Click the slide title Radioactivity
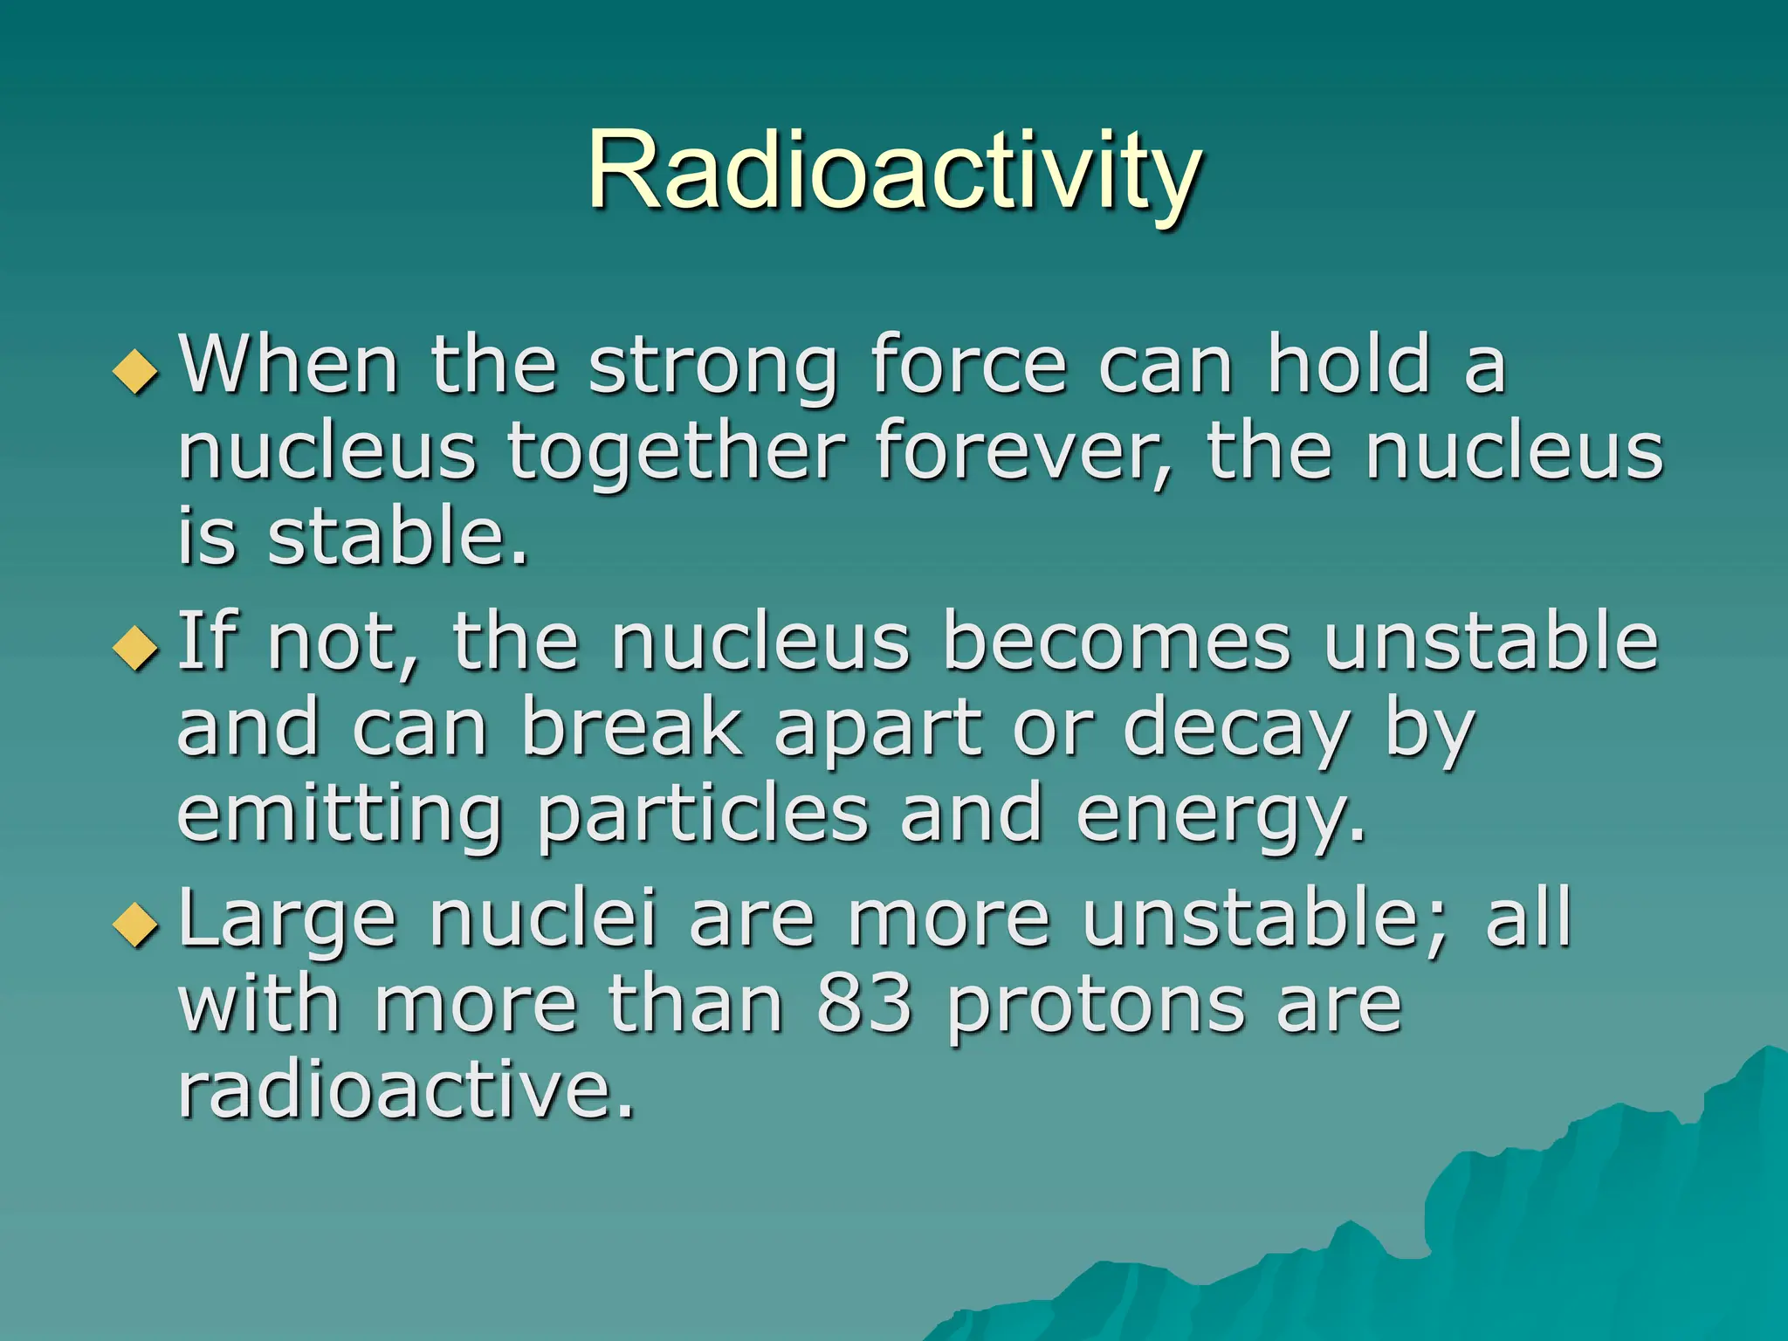coord(894,170)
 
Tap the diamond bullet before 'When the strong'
coord(136,371)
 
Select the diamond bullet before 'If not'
coord(136,649)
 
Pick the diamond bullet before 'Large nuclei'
coord(136,925)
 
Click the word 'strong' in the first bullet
coord(712,367)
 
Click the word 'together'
coord(676,454)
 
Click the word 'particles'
coord(703,815)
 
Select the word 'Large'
coord(287,920)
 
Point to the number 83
coord(864,1004)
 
